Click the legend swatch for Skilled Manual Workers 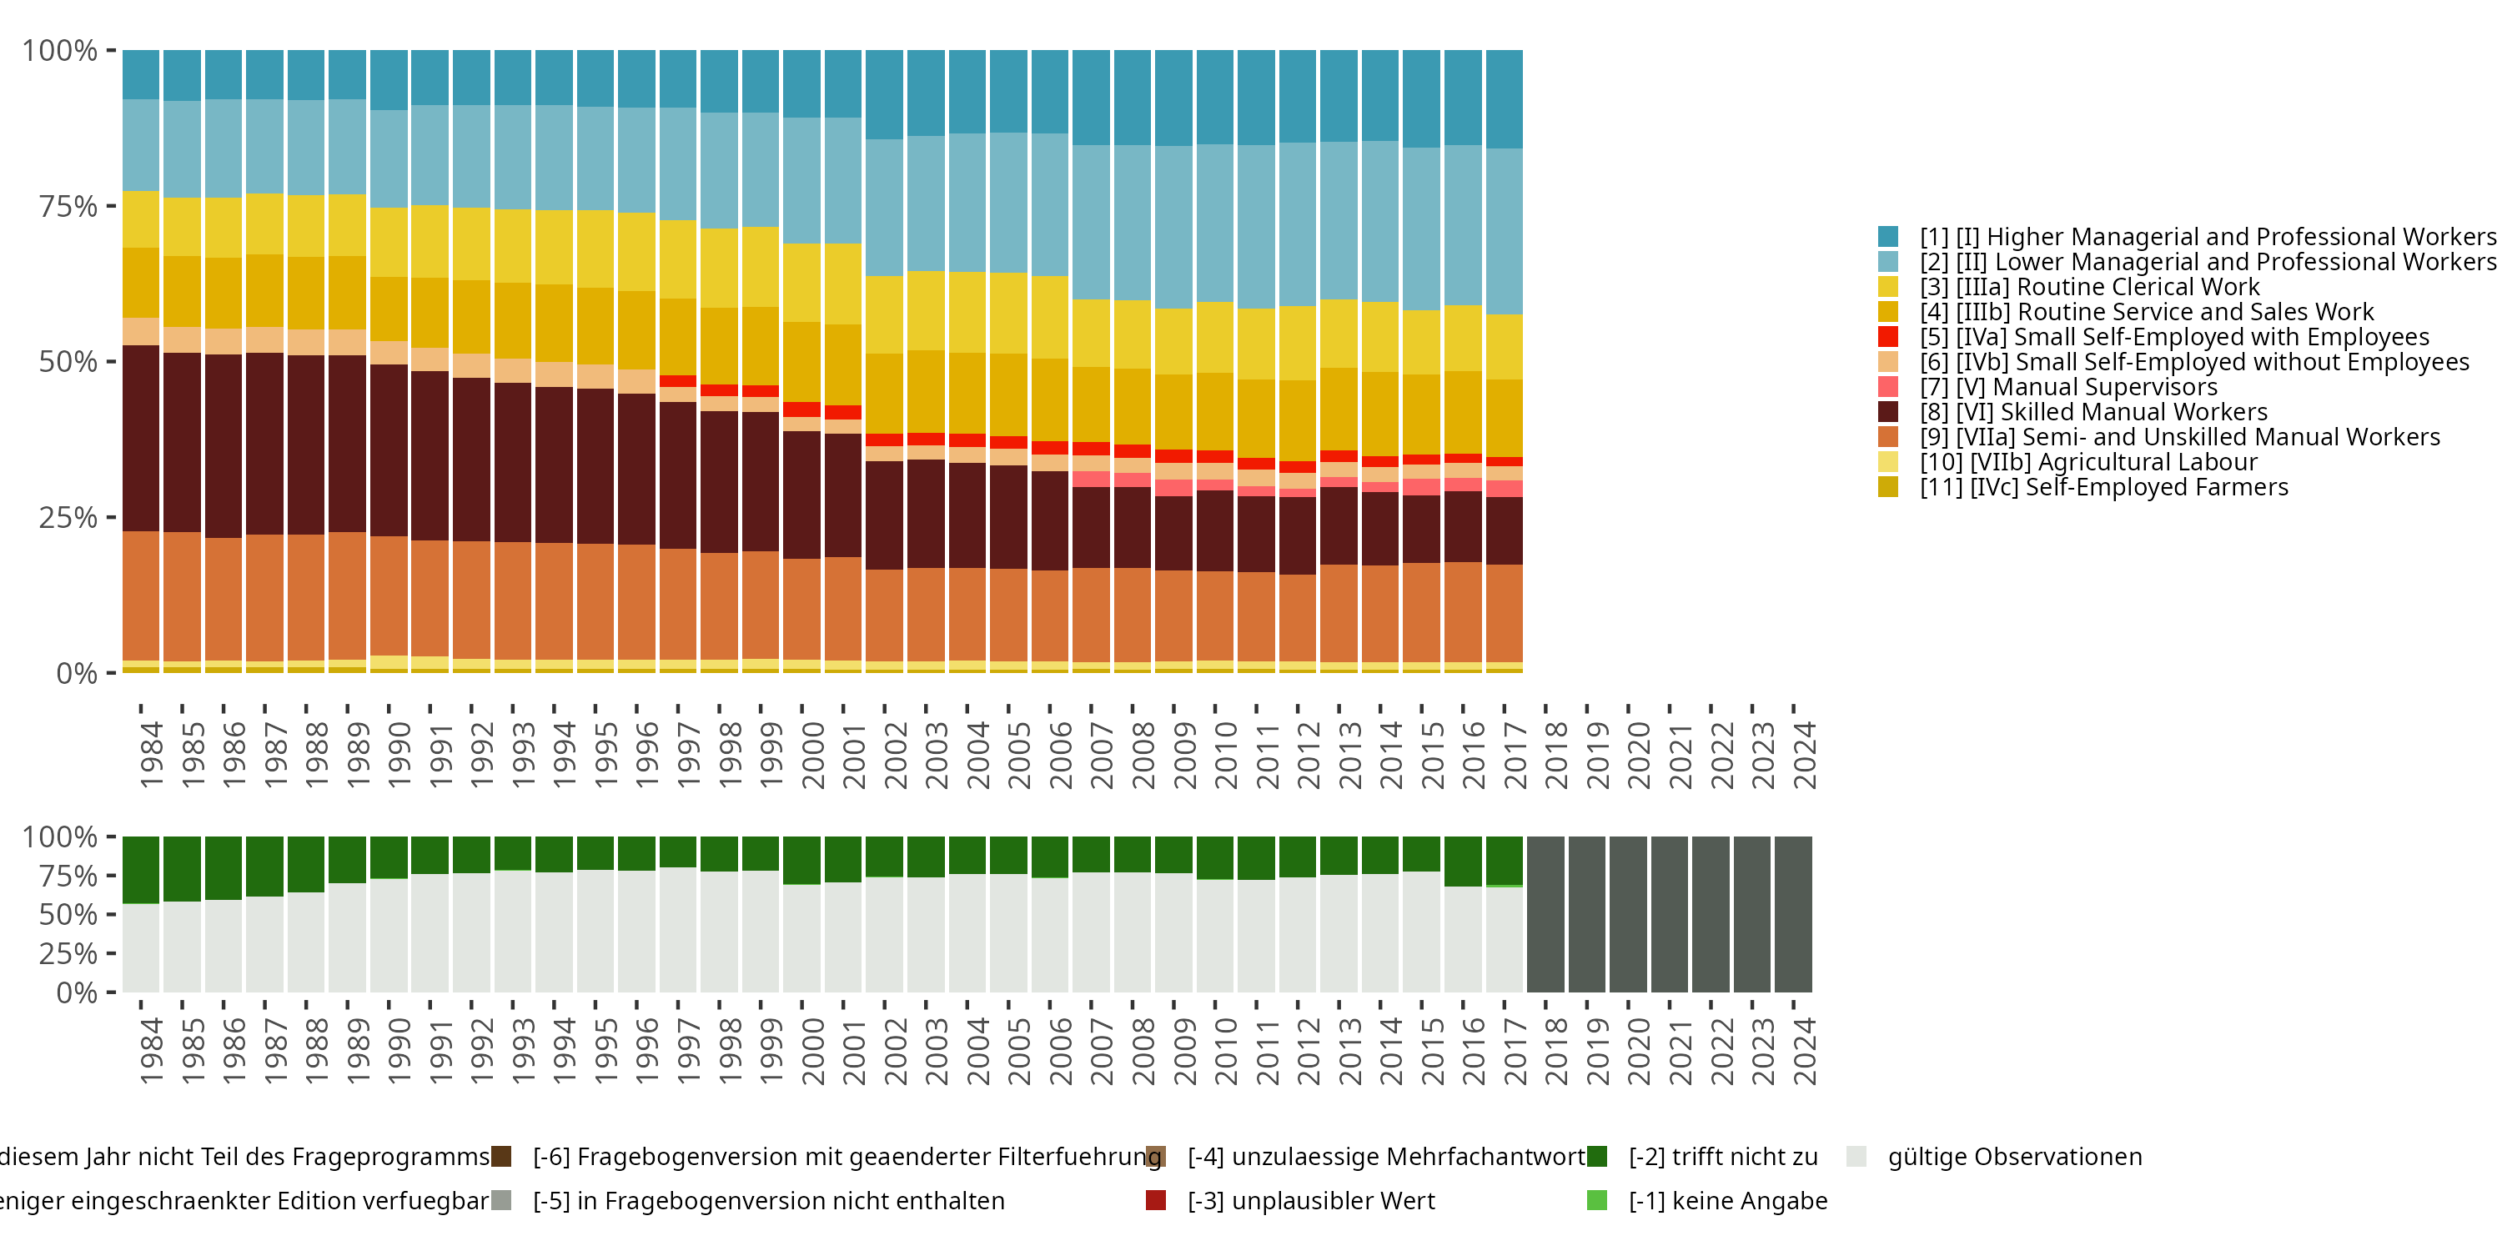[x=1887, y=412]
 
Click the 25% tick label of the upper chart [x=68, y=518]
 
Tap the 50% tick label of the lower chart [x=68, y=915]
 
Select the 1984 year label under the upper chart [x=152, y=755]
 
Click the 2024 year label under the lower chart [x=1805, y=1051]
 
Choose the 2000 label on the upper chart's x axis [x=813, y=755]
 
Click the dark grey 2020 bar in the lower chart [x=1628, y=914]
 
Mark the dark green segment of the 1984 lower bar [x=141, y=869]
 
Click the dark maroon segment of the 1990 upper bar [x=389, y=450]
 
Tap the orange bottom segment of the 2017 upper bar [x=1504, y=613]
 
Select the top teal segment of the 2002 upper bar [x=884, y=94]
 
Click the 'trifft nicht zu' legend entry [x=1722, y=1157]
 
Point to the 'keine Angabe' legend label [x=1727, y=1202]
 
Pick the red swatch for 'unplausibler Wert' [x=1156, y=1200]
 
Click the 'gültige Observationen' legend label [x=2013, y=1157]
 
